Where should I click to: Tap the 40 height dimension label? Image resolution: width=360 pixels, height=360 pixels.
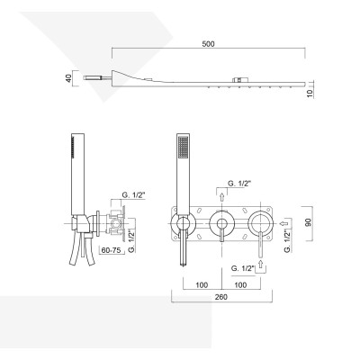tap(68, 79)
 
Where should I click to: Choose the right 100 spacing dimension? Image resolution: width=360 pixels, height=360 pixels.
tap(242, 286)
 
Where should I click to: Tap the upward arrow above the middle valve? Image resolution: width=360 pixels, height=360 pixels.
tap(221, 193)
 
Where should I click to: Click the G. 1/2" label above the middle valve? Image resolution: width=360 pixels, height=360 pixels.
tap(242, 184)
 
